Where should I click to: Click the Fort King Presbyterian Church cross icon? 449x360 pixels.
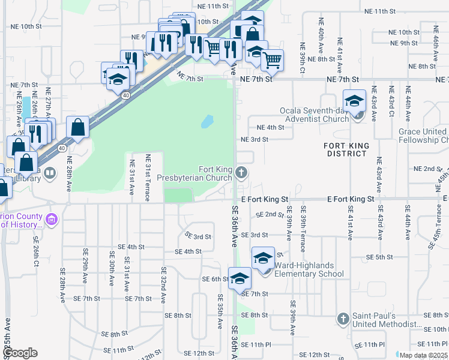(x=241, y=173)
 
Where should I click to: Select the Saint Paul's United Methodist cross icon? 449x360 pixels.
(x=343, y=318)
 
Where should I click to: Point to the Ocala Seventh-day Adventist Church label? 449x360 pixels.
(x=315, y=115)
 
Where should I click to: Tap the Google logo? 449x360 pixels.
(x=20, y=353)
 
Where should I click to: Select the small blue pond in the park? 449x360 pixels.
(x=206, y=122)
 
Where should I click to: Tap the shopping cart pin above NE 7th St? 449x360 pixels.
(x=273, y=59)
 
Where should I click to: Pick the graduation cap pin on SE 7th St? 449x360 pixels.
(x=240, y=279)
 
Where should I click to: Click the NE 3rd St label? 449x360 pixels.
(x=254, y=139)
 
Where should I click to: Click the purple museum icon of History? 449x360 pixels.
(x=52, y=220)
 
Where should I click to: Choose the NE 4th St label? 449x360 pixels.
(x=270, y=127)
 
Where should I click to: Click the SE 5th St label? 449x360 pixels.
(x=380, y=257)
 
